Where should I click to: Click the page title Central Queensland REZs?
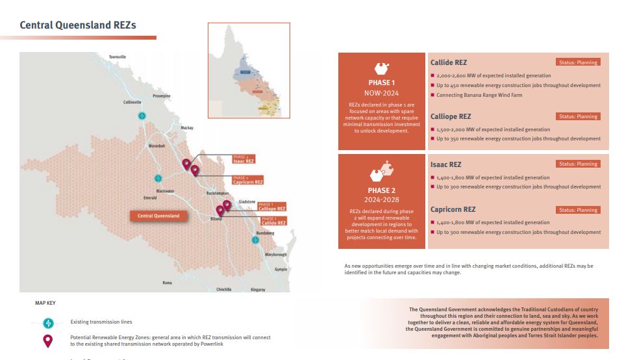[78, 25]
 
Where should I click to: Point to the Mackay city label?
[188, 128]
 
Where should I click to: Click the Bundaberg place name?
[266, 232]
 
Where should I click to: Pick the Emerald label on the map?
[150, 198]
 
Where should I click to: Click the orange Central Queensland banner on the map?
[158, 216]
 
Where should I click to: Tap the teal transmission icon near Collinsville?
[142, 115]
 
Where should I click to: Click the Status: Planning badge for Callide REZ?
[577, 62]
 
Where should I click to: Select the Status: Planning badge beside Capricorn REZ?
[577, 210]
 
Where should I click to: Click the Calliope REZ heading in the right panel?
[451, 116]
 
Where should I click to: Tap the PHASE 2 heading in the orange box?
[381, 190]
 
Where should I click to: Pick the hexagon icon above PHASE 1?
[381, 68]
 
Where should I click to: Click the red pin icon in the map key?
[47, 341]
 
